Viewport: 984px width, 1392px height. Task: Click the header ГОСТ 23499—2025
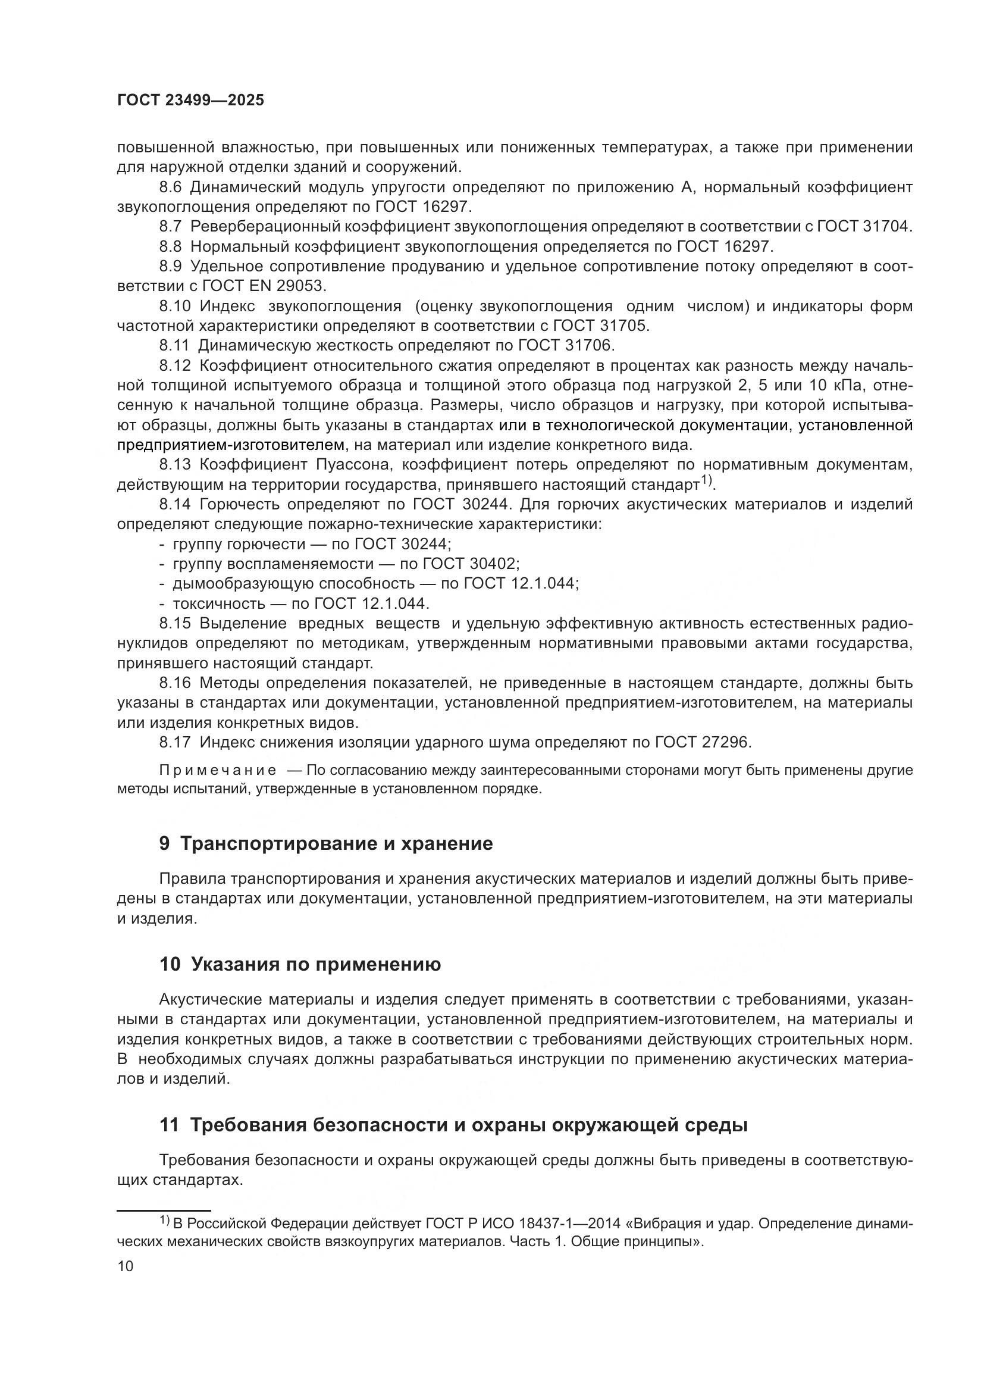pos(190,101)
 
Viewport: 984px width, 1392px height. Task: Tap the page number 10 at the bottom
pos(126,1266)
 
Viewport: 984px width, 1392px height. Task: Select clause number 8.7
pos(170,227)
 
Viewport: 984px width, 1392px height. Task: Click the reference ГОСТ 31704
pos(864,227)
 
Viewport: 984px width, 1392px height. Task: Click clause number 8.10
pos(174,306)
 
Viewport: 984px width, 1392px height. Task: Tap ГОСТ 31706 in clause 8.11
pos(566,346)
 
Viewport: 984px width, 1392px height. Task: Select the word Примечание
pos(218,771)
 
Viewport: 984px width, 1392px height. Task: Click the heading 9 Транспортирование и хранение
pos(326,843)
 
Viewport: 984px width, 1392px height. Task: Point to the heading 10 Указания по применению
pos(300,964)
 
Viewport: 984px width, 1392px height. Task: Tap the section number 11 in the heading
pos(169,1125)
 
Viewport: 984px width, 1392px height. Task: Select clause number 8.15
pos(174,623)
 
